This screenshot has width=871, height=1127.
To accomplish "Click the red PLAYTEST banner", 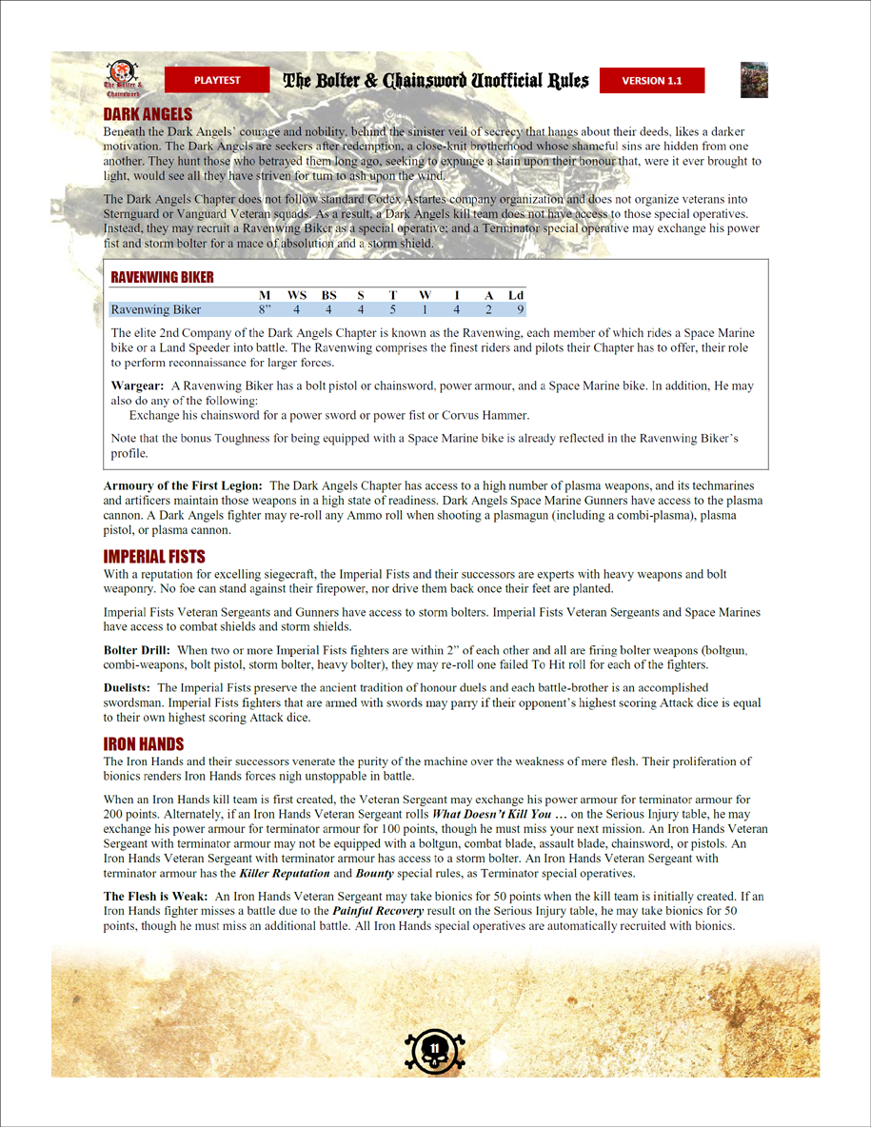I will [x=217, y=80].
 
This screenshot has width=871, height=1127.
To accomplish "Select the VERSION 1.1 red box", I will [x=652, y=81].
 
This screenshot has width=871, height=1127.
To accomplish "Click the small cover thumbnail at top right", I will [x=754, y=80].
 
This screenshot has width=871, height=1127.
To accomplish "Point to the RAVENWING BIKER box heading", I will [x=163, y=277].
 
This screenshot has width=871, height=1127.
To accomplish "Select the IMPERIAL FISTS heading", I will [x=154, y=556].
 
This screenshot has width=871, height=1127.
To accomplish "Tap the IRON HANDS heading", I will [x=144, y=743].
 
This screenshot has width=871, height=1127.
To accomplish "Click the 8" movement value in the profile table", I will [x=266, y=309].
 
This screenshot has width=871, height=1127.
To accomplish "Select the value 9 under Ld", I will [x=520, y=309].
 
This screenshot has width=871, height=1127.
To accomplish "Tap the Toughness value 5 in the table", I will [x=392, y=309].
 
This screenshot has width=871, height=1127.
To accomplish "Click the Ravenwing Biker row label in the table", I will [x=156, y=309].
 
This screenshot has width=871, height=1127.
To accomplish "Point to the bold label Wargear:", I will [x=137, y=386].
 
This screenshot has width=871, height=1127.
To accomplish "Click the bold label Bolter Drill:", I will [x=136, y=648].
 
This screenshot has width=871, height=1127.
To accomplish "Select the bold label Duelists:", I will [x=128, y=686].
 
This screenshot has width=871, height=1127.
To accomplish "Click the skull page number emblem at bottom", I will [x=435, y=1048].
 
